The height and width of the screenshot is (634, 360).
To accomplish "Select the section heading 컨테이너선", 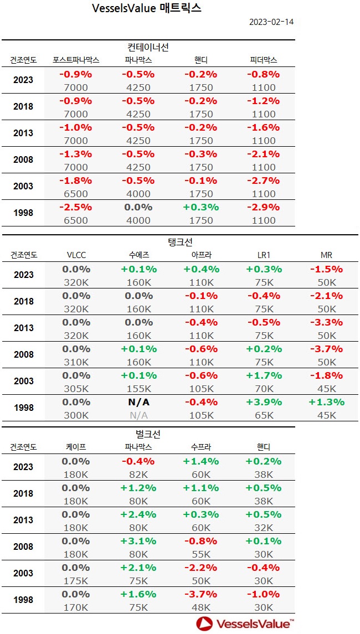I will point(148,47).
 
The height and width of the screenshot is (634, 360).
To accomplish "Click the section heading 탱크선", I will point(179,242).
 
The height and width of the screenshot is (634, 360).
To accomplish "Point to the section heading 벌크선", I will point(148,434).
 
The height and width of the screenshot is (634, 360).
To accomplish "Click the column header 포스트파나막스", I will point(76,60).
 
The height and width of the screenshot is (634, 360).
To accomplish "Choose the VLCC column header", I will point(76,255).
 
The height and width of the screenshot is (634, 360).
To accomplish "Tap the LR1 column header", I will point(264,255).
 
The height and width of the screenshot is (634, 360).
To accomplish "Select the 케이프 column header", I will point(76,447).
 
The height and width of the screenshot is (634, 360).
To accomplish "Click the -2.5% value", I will point(76,207).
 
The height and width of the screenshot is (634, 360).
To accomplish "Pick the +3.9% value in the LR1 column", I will point(264,402).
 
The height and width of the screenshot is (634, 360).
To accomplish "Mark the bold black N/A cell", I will point(138,402).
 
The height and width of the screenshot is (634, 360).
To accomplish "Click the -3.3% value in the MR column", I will point(327,322).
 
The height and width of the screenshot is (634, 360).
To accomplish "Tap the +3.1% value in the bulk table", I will point(138,540).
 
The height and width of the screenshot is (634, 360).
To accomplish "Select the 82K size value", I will point(138,474).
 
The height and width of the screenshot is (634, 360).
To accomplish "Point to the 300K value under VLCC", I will point(76,415).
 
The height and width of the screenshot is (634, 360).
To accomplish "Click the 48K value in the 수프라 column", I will point(201,607).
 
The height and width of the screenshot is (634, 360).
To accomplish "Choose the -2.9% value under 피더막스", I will point(264,207).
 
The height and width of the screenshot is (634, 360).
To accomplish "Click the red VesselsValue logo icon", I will point(204,623).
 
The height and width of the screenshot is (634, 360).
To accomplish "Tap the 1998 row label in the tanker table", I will point(23,408).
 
